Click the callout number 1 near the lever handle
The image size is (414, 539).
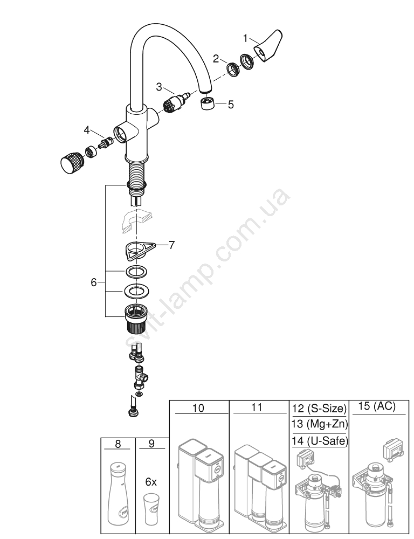click(245, 38)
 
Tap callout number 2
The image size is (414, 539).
click(216, 59)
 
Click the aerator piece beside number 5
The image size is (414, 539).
click(208, 104)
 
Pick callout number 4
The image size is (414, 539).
click(87, 130)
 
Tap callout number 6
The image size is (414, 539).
click(94, 282)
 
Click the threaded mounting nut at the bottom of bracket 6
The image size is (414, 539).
click(136, 319)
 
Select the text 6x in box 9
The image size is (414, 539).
click(150, 482)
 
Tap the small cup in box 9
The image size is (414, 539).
click(150, 505)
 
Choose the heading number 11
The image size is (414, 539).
click(257, 407)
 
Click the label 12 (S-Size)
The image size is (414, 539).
click(320, 409)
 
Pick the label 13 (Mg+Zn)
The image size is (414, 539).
click(320, 424)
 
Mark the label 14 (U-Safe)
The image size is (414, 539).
click(320, 440)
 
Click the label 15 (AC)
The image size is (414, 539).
click(377, 406)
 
